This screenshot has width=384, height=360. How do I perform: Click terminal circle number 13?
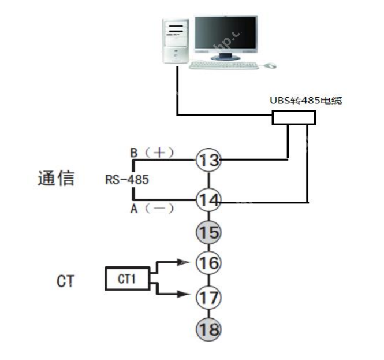pyautogui.click(x=208, y=160)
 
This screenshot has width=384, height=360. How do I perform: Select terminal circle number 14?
pyautogui.click(x=208, y=200)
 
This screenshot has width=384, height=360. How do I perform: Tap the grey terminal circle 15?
pyautogui.click(x=208, y=232)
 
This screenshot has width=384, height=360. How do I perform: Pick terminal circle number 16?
pyautogui.click(x=208, y=263)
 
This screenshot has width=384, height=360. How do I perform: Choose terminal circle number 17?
pyautogui.click(x=208, y=298)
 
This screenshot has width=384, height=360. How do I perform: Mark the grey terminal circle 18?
pyautogui.click(x=208, y=329)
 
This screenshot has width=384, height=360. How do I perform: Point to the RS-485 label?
pyautogui.click(x=127, y=180)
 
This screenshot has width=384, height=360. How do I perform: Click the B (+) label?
pyautogui.click(x=152, y=153)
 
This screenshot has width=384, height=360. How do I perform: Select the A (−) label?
pyautogui.click(x=152, y=209)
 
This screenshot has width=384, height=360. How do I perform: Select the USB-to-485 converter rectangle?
pyautogui.click(x=294, y=118)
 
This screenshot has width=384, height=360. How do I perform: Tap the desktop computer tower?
pyautogui.click(x=176, y=40)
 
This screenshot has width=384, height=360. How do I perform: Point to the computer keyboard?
pyautogui.click(x=223, y=65)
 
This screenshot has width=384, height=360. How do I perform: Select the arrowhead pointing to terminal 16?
pyautogui.click(x=184, y=261)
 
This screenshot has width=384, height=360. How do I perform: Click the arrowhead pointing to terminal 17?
pyautogui.click(x=184, y=294)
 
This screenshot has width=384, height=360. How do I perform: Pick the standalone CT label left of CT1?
pyautogui.click(x=65, y=281)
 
